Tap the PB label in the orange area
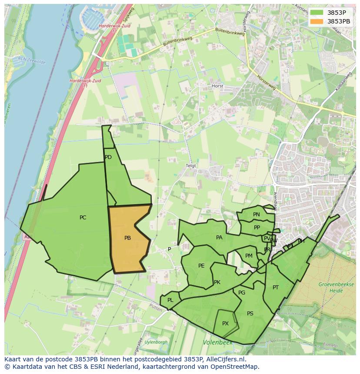(127, 238)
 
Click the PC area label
(83, 218)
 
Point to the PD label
(108, 157)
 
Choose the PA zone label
(219, 238)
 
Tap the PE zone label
(201, 266)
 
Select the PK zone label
(217, 282)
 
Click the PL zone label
(170, 300)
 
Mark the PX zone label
(225, 324)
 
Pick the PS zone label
(250, 314)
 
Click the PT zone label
(276, 288)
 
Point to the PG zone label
(242, 293)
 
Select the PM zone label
(249, 256)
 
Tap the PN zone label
(257, 215)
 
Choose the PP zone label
(257, 228)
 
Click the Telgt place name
(191, 166)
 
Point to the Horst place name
(217, 86)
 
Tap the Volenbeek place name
(217, 343)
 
